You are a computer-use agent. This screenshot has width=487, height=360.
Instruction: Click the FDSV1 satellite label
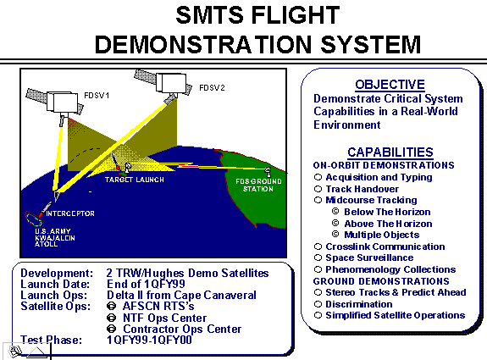(x=97, y=96)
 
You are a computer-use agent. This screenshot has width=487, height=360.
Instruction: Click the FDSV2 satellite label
(x=212, y=88)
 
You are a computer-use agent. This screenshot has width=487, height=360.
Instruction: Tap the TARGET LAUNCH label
(x=134, y=180)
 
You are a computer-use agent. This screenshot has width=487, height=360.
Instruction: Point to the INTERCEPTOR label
(x=70, y=213)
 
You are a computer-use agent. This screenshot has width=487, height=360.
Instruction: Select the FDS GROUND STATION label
(x=258, y=186)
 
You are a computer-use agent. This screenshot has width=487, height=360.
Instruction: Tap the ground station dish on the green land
(x=268, y=172)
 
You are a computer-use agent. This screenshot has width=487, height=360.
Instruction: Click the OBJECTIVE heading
(x=390, y=85)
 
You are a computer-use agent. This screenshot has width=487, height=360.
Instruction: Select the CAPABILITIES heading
(x=390, y=152)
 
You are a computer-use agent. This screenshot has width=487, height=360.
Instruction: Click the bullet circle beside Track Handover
(x=318, y=189)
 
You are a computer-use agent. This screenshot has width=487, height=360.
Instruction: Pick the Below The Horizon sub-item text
(x=387, y=212)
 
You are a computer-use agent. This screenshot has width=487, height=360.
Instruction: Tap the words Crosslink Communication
(x=385, y=246)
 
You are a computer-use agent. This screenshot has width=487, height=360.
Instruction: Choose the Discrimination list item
(x=359, y=304)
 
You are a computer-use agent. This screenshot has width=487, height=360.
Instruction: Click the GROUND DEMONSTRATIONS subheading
(x=381, y=281)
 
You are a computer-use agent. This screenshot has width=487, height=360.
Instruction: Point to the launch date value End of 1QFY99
(x=146, y=284)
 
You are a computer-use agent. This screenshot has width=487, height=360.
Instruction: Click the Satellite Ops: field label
(x=56, y=307)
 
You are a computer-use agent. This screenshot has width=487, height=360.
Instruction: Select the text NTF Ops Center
(x=164, y=318)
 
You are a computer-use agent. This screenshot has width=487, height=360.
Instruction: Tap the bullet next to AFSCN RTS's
(x=111, y=307)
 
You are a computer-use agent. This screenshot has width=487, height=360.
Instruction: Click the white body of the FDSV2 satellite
(x=171, y=83)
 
